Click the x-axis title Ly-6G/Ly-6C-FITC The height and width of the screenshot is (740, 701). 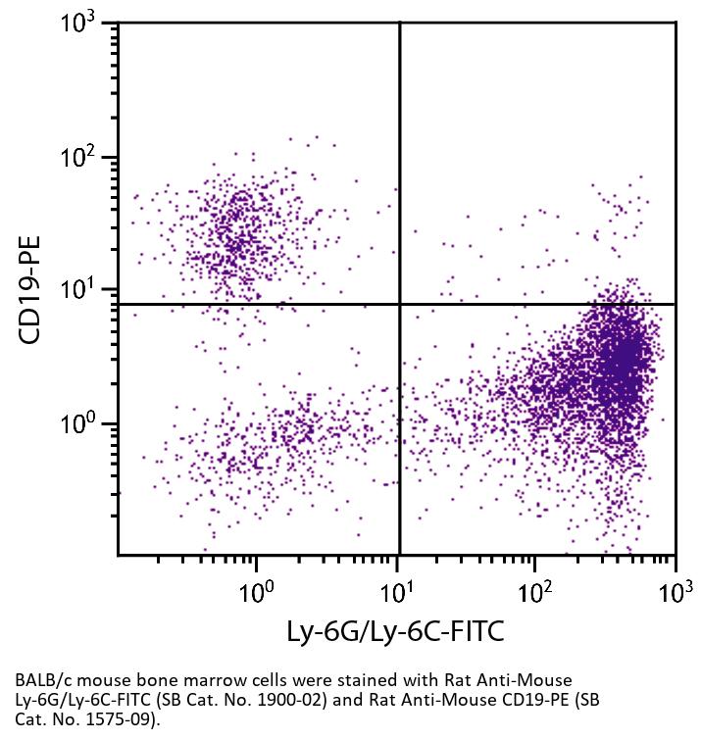(395, 631)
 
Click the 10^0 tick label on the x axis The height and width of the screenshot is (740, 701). (257, 591)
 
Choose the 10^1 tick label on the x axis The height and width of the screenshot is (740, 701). (396, 591)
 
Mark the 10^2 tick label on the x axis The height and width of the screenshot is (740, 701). (535, 591)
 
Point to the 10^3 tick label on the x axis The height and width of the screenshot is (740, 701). (674, 591)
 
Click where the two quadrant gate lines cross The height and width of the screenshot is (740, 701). (400, 304)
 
